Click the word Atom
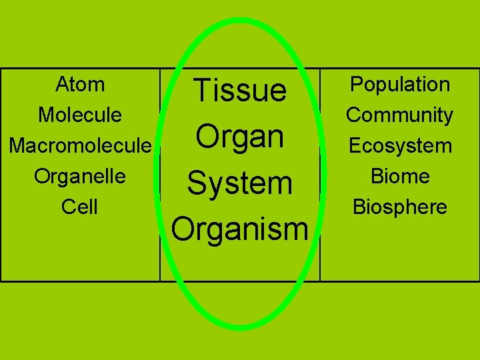point(80,85)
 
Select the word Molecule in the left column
point(80,115)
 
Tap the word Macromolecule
point(80,145)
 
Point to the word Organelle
point(80,176)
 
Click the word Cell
point(80,207)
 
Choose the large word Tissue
point(239,90)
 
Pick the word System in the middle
point(239,183)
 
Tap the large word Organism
point(239,229)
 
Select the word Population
point(400,85)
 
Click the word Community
point(400,115)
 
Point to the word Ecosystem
point(400,146)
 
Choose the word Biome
point(400,176)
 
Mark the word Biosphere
point(400,207)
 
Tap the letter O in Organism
point(183,228)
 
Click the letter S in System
point(197,183)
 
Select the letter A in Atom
point(62,85)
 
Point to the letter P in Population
point(355,85)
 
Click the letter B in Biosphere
point(358,207)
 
